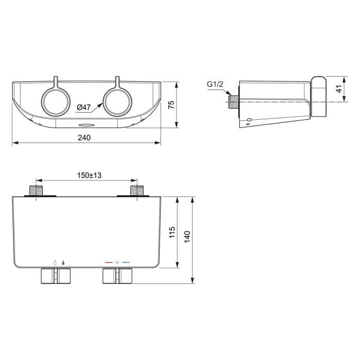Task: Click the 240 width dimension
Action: (84, 137)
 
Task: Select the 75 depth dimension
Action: (172, 104)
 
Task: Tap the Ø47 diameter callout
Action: (84, 107)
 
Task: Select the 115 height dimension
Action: (172, 232)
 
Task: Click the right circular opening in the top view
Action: (117, 101)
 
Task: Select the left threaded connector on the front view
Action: (36, 191)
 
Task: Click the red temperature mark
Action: (109, 262)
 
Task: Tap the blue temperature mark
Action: (125, 262)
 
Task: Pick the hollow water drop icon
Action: (54, 262)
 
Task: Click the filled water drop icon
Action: (63, 262)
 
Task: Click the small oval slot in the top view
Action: (85, 125)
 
